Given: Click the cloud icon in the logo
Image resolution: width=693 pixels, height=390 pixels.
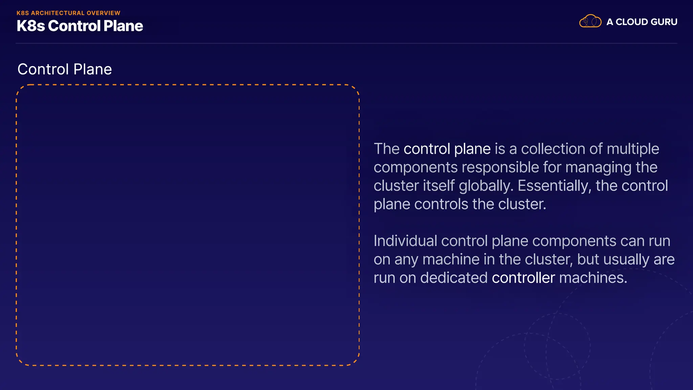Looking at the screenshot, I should click(x=590, y=21).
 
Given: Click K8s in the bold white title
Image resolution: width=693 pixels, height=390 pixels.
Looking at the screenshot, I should click(x=31, y=26).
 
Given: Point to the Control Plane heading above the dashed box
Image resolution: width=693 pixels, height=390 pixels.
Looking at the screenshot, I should click(x=65, y=69).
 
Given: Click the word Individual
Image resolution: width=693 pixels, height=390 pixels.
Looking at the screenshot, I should click(x=405, y=241).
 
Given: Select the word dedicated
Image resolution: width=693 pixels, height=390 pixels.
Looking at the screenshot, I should click(x=454, y=278).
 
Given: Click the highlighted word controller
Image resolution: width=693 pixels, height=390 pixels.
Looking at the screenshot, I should click(x=523, y=278).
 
